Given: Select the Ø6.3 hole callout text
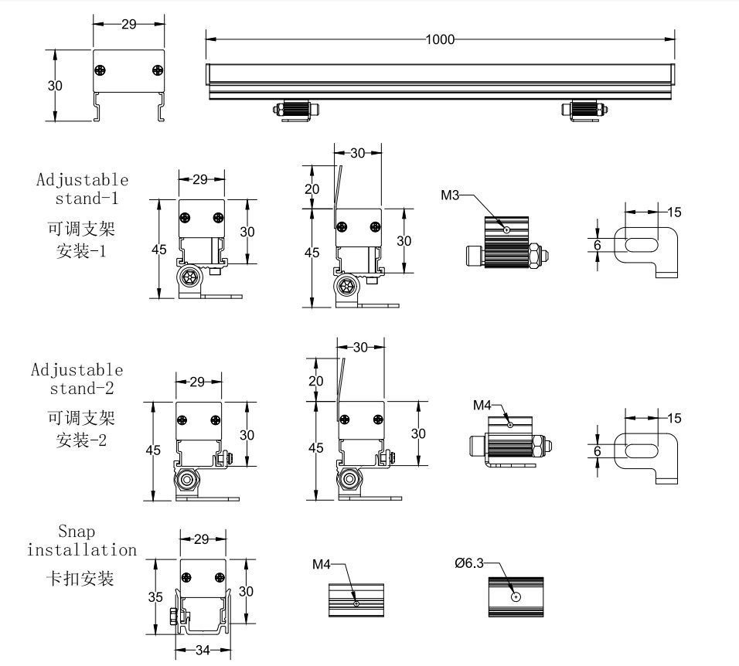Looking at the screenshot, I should tap(469, 564).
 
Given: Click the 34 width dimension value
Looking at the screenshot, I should tap(201, 651).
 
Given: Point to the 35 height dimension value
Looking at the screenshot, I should tap(156, 596).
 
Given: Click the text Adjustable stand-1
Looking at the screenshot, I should tap(83, 188).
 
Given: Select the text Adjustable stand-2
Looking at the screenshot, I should tap(77, 378).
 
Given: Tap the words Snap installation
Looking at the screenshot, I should tap(81, 541).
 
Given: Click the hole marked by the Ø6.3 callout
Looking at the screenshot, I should tap(516, 596).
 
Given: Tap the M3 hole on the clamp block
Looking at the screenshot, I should tap(506, 229).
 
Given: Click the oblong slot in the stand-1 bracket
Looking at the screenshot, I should tap(641, 245).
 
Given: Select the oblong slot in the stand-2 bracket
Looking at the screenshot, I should tap(641, 450).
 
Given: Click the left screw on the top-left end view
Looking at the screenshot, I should tap(100, 71).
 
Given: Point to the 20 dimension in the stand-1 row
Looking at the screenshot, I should tap(312, 189).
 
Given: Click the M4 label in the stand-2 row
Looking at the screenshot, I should tap(482, 405).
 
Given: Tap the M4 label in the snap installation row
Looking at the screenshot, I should tap(322, 565).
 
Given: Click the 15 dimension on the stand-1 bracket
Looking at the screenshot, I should tap(673, 212).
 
